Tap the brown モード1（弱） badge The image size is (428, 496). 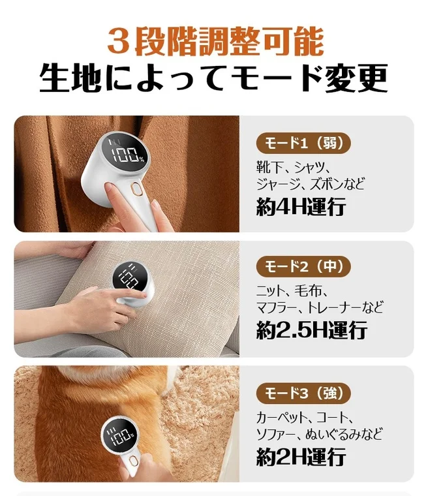[303, 142]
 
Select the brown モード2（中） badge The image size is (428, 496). [303, 266]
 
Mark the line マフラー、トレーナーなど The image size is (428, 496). [320, 306]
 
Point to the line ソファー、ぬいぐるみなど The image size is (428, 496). [319, 433]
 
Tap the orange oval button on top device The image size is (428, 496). [136, 189]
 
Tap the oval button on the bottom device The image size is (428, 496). [132, 467]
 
